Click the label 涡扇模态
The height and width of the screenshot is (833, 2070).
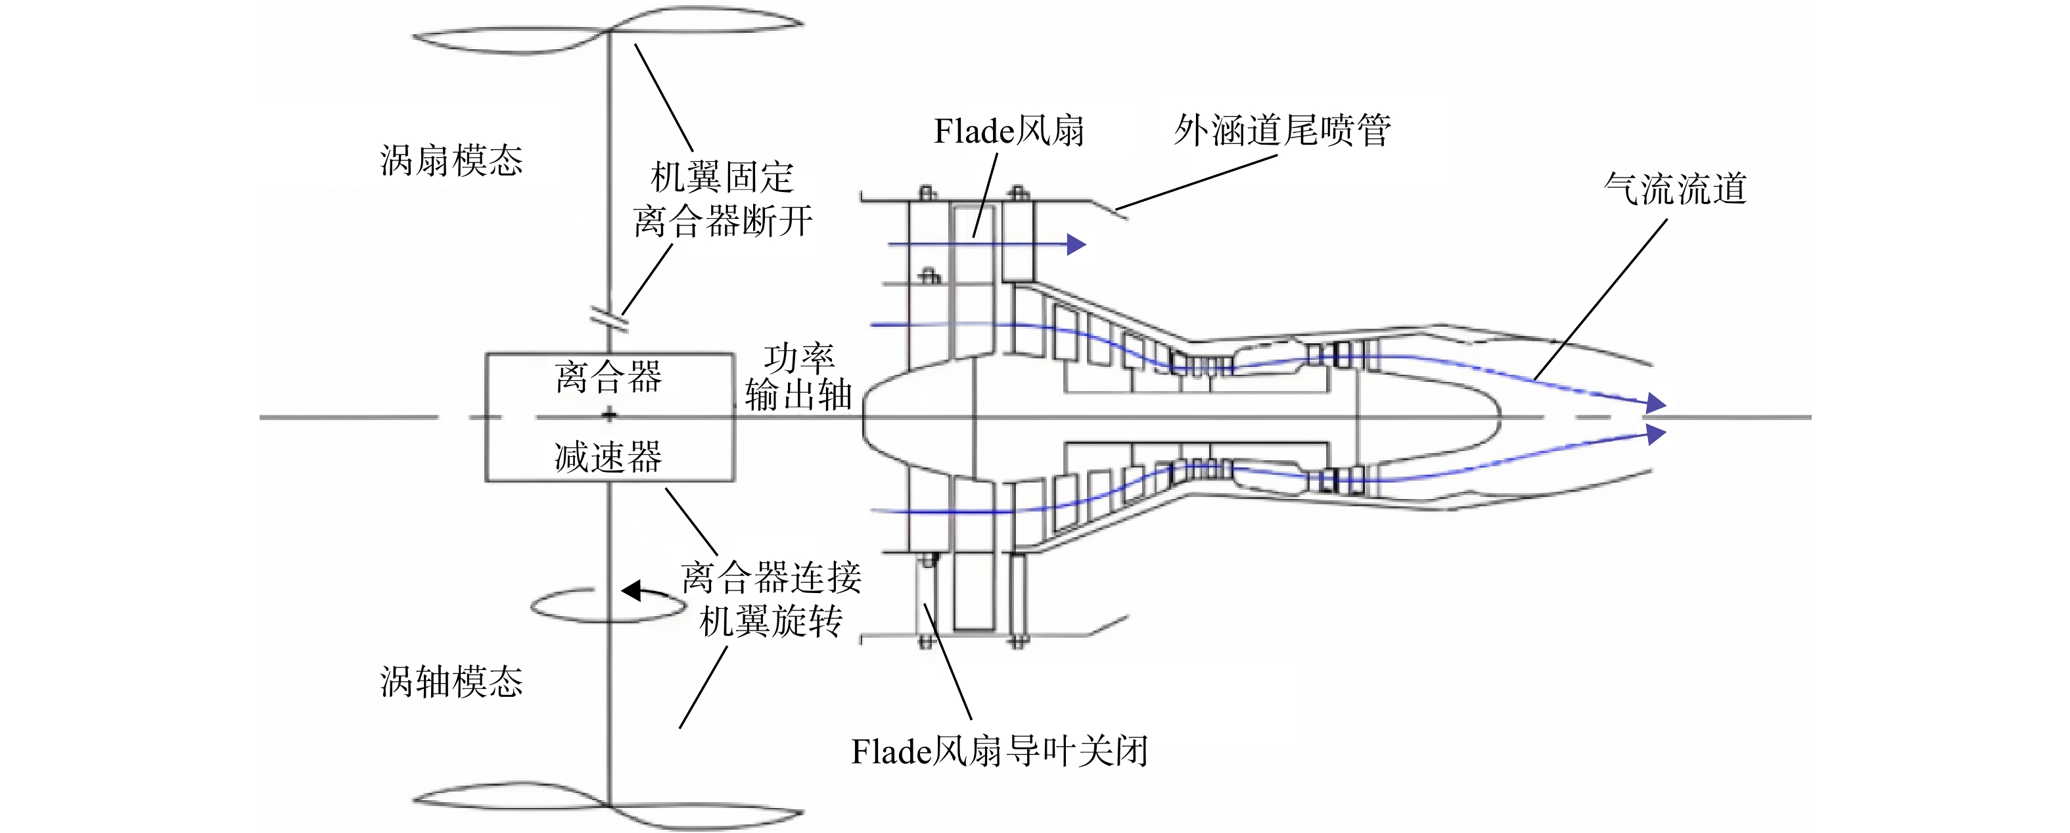point(451,161)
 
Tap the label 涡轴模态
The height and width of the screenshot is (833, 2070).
point(451,682)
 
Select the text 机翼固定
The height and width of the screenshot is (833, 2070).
point(722,177)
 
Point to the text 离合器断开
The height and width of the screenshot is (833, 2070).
point(722,221)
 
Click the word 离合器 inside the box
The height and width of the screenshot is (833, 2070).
point(609,376)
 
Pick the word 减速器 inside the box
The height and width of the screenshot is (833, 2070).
point(609,457)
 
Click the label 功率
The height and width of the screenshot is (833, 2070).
point(798,358)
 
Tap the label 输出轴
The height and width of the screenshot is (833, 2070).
point(798,394)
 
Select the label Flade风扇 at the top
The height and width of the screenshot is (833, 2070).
point(1009,131)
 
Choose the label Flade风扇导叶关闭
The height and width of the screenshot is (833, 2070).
point(1000,751)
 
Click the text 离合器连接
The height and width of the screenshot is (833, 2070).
point(771,577)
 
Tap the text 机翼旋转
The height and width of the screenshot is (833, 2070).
point(771,621)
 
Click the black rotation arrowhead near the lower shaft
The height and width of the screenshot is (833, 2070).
point(632,591)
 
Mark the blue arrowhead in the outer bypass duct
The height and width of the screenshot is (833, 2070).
point(1077,245)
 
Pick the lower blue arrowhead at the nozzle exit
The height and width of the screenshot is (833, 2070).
point(1655,434)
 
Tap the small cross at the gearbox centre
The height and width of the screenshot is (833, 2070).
point(609,415)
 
